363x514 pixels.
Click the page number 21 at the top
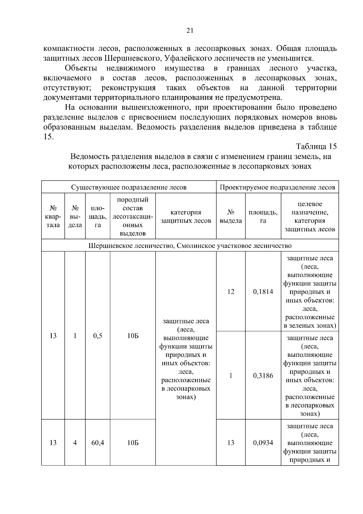pos(190,31)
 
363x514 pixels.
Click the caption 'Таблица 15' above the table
pos(316,147)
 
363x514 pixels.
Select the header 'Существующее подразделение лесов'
pos(129,187)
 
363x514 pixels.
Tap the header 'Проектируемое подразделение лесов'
pos(277,187)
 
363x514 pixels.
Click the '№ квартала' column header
pos(53,216)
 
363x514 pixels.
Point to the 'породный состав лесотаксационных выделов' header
pos(132,216)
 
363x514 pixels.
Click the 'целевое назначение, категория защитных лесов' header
pos(310,216)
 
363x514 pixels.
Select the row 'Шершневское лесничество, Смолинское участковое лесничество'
pos(190,245)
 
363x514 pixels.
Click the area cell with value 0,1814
pos(263,292)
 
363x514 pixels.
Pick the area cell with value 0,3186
pos(263,376)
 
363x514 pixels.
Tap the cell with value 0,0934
pos(263,443)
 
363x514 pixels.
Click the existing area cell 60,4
pos(98,443)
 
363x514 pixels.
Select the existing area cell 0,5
pos(98,336)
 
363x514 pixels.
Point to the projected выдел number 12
pos(231,292)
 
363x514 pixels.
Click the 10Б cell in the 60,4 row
pos(132,443)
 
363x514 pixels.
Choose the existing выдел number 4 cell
pos(75,443)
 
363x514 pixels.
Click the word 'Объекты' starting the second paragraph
pos(81,68)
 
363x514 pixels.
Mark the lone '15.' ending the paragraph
pos(49,137)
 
